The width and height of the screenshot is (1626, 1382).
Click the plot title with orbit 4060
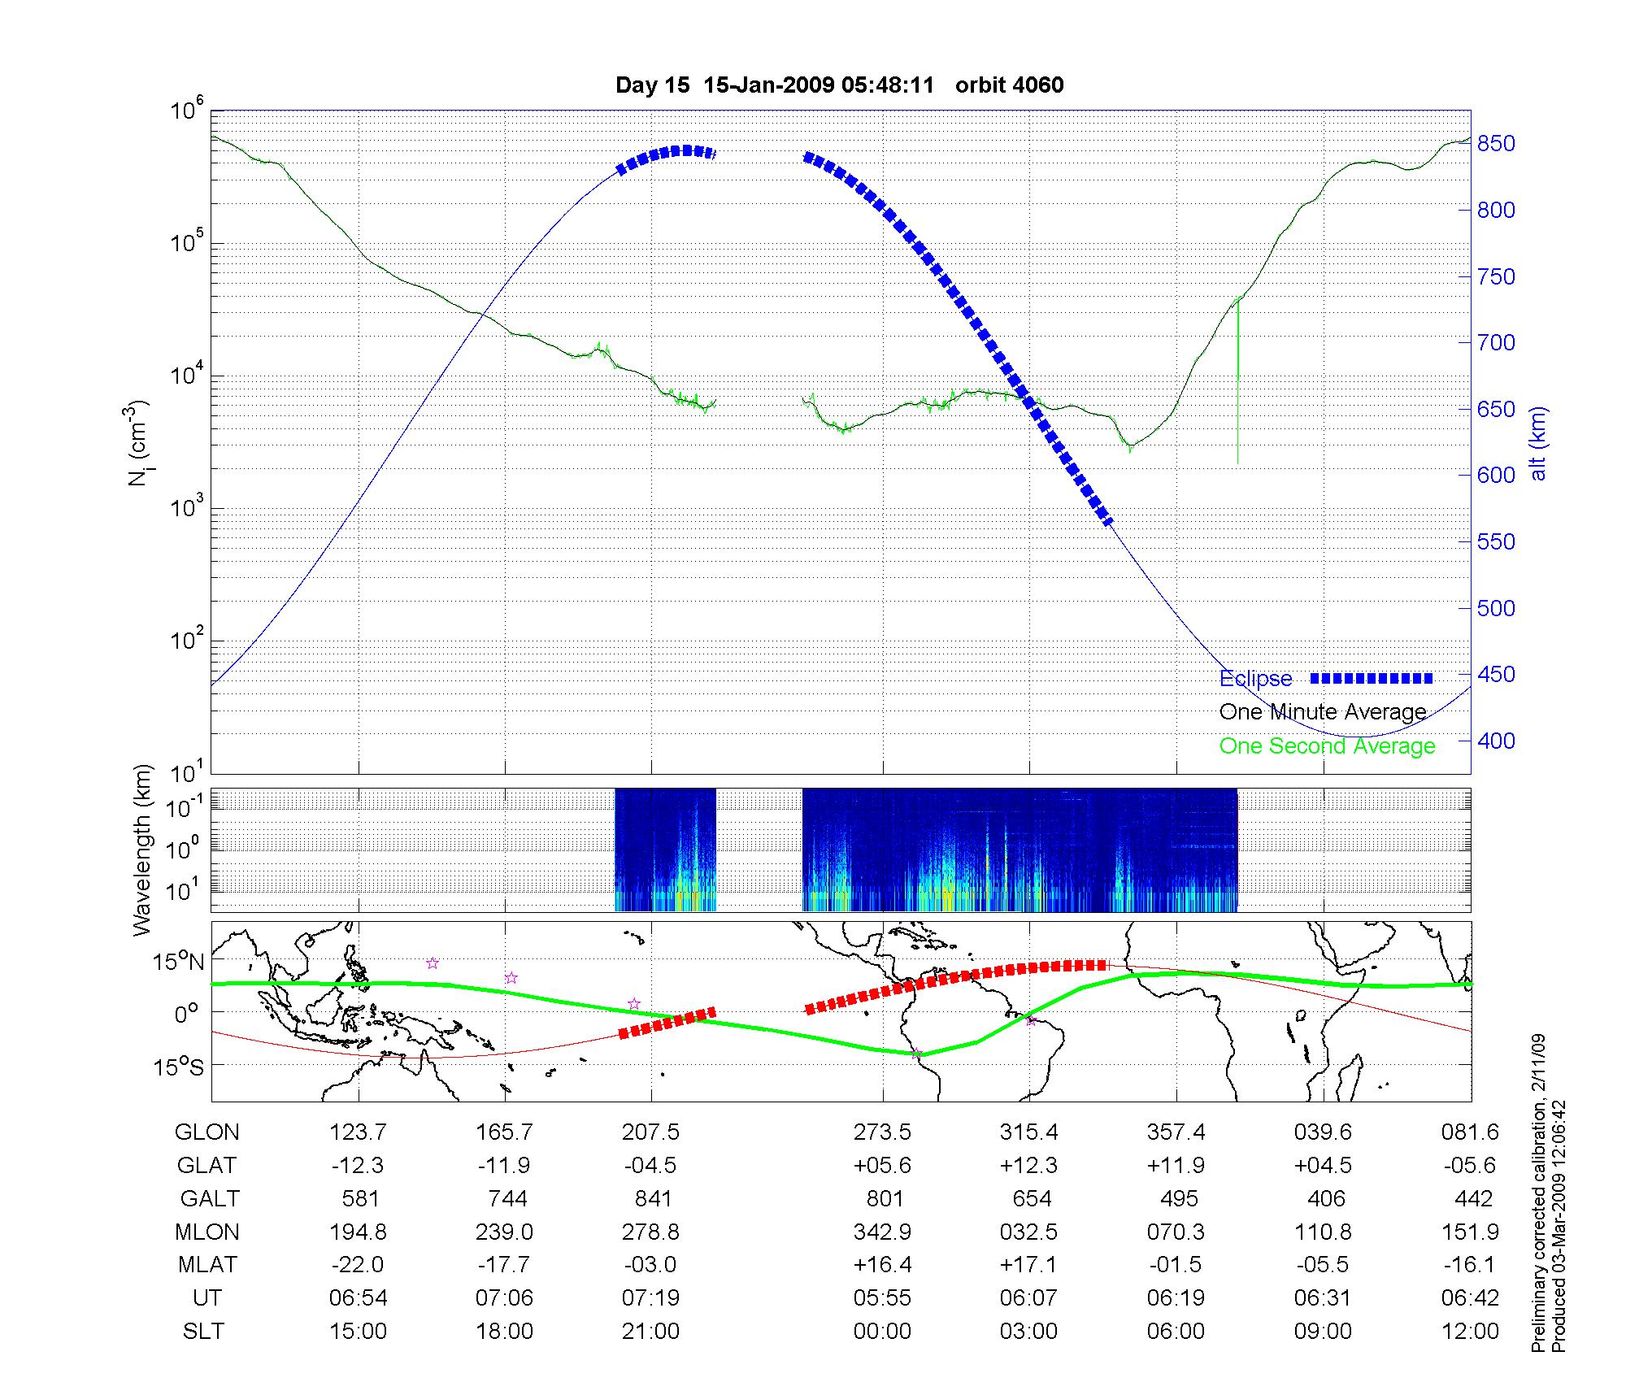839,85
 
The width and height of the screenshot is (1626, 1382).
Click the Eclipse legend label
1255,678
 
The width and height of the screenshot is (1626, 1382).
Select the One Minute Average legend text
1323,712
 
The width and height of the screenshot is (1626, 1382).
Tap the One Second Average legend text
1327,746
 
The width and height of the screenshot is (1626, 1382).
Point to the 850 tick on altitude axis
1496,144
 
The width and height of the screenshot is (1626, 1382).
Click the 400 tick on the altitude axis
1496,741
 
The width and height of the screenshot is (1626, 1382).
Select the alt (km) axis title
1538,443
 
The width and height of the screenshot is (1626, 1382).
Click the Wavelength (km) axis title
141,850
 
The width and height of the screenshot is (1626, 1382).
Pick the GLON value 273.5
882,1132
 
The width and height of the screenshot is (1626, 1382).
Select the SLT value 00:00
882,1331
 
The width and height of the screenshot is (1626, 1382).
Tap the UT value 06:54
358,1298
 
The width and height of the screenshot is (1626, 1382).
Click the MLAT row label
207,1265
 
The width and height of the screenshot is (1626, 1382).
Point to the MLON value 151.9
1470,1232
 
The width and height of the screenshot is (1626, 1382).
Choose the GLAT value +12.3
1028,1165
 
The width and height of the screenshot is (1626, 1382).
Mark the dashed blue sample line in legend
1371,678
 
